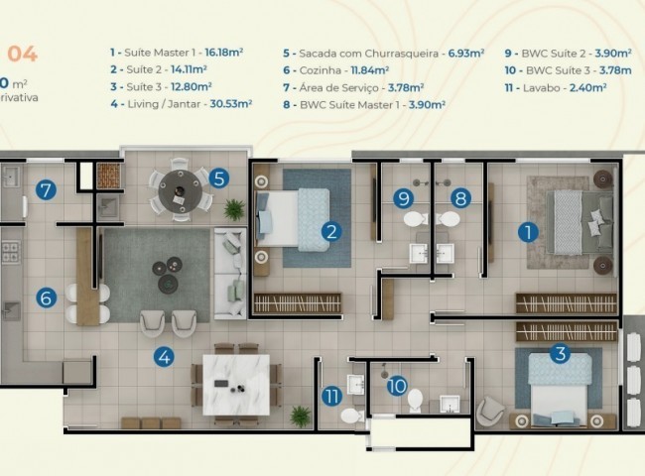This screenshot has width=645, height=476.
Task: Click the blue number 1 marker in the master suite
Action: coord(528,232)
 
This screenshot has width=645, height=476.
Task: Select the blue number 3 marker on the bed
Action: coord(559,352)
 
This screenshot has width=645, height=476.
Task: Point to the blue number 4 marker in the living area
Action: coord(163,356)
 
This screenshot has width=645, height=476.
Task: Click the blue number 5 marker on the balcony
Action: coord(219,178)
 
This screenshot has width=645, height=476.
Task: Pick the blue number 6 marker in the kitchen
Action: coord(46,297)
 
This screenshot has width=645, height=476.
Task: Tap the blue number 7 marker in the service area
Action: coord(45,190)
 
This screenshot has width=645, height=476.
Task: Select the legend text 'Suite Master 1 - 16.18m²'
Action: coord(180,49)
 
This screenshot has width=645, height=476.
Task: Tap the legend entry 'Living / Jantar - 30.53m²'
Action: coord(181,102)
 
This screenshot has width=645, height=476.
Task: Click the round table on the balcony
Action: coord(179,185)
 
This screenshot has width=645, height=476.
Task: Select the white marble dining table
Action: coord(235,384)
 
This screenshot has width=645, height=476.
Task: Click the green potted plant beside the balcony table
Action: coord(235,208)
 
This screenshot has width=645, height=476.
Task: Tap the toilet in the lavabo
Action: coord(349,414)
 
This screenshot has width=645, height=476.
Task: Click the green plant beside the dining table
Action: coord(300,415)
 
